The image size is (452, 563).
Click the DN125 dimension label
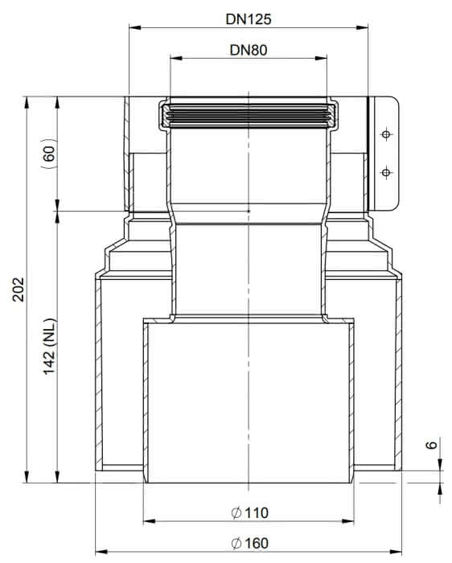248,19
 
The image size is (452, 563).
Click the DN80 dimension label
248,50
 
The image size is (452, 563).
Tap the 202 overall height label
18,290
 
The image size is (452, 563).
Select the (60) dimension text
50,154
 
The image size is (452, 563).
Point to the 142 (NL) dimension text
50,346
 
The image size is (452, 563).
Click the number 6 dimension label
431,445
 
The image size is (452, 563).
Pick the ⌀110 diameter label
249,512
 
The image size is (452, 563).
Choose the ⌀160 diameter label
249,543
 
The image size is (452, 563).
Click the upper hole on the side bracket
386,134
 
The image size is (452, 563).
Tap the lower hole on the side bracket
386,173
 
